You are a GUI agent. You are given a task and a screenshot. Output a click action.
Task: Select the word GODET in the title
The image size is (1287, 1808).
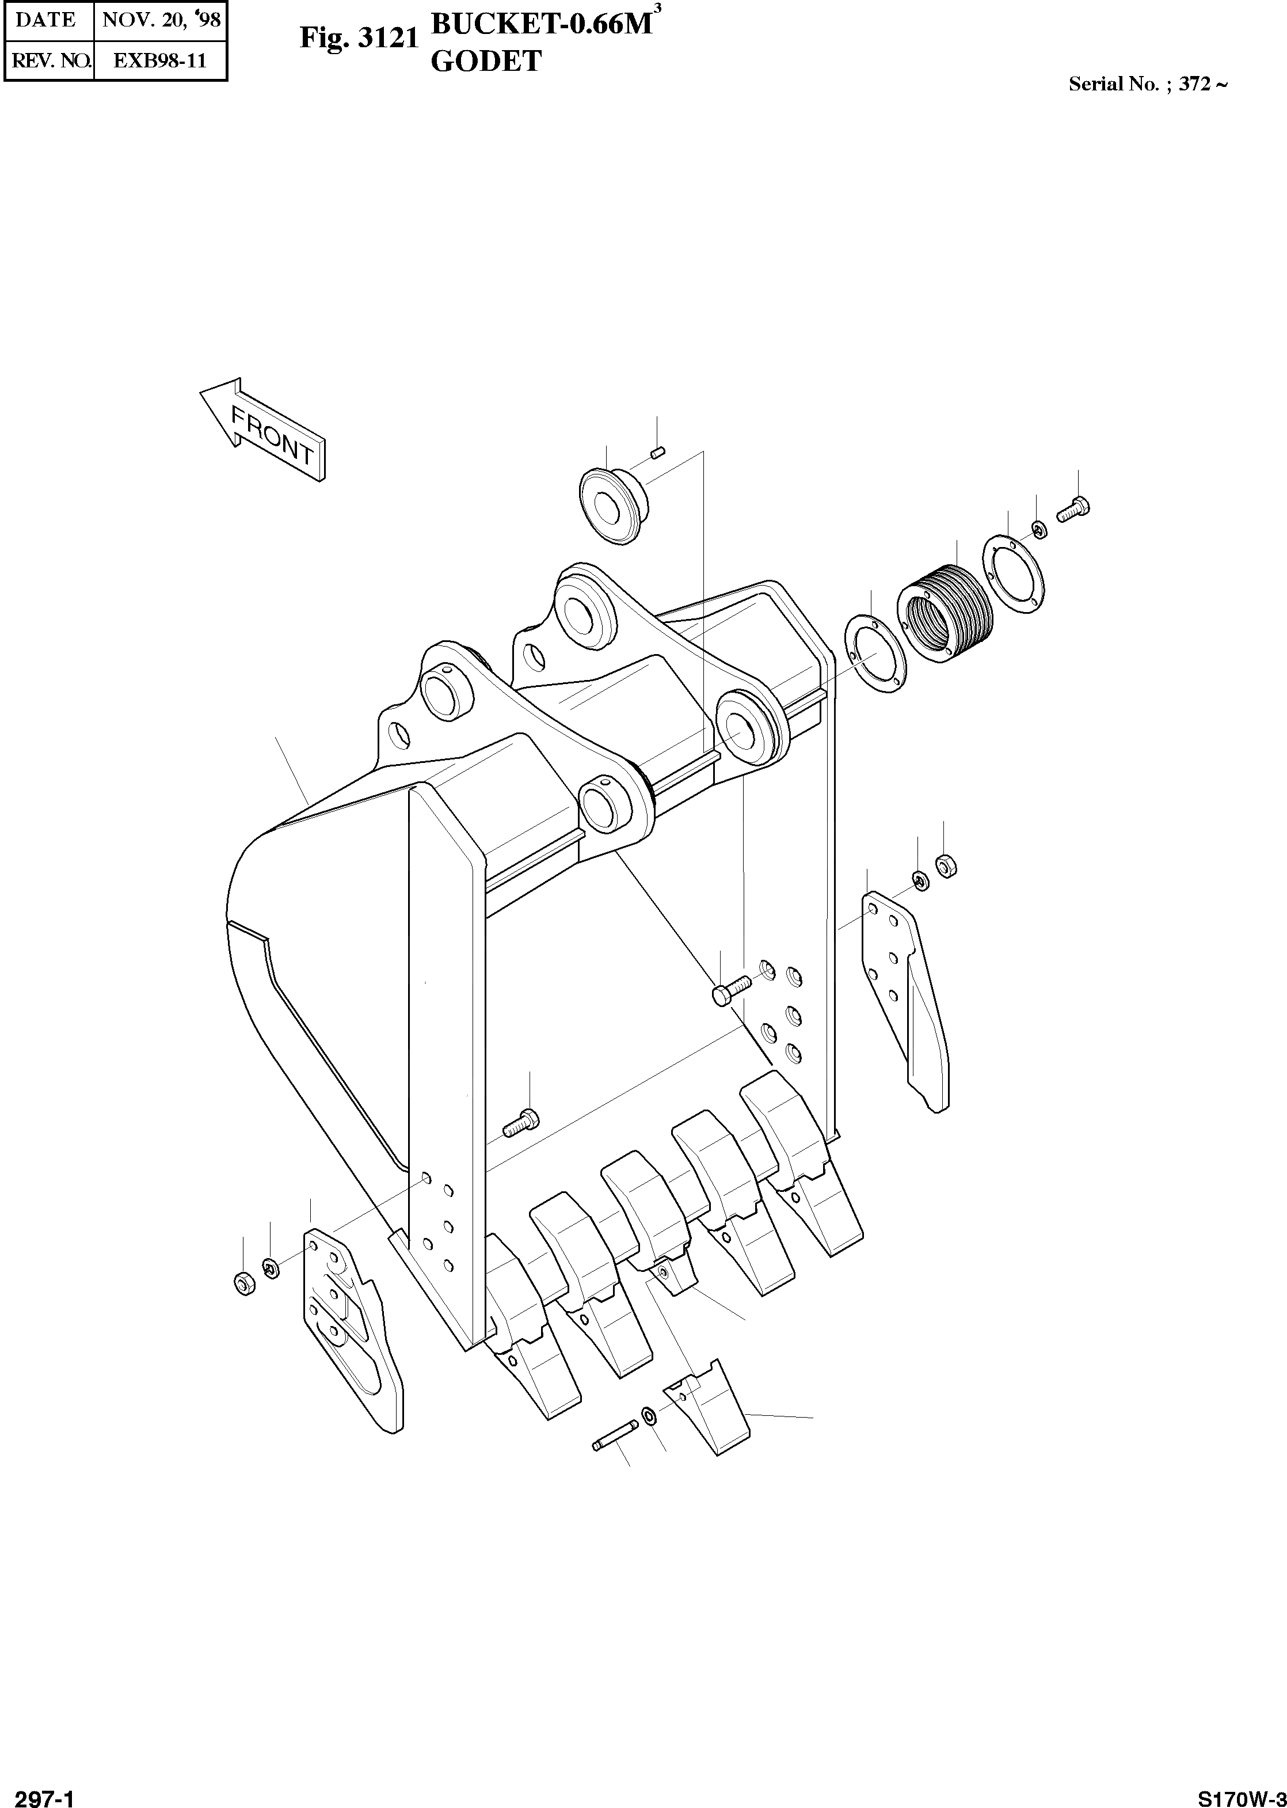[486, 61]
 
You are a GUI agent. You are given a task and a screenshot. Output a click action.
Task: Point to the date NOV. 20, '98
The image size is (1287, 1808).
[161, 20]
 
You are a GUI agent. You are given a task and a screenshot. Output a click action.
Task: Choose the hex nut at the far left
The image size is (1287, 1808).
[245, 1282]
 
